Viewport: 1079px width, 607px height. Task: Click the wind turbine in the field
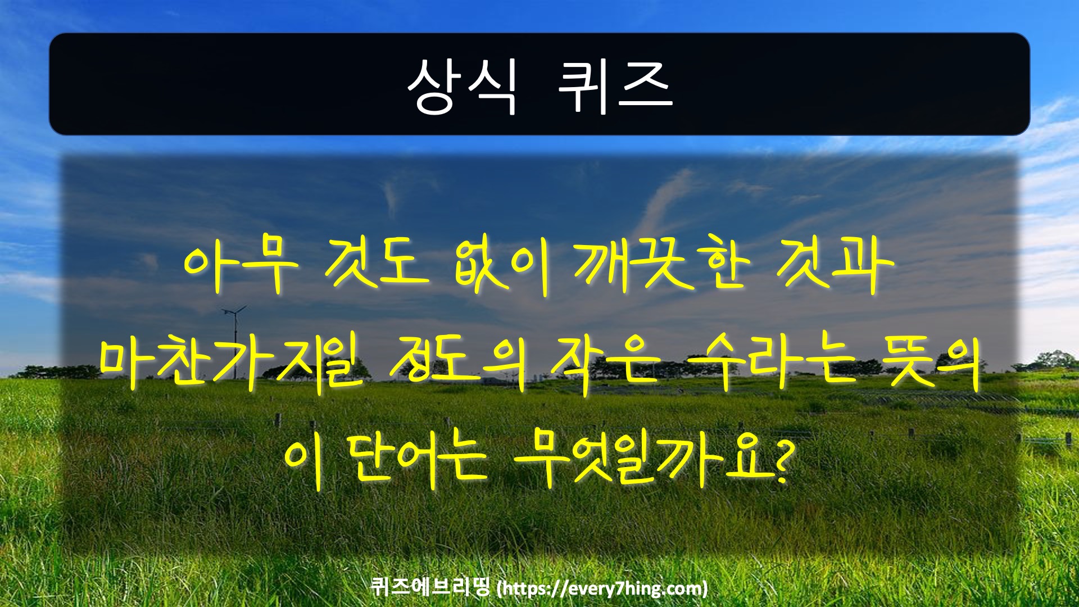click(233, 337)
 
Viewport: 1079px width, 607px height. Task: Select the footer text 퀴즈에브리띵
click(431, 587)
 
